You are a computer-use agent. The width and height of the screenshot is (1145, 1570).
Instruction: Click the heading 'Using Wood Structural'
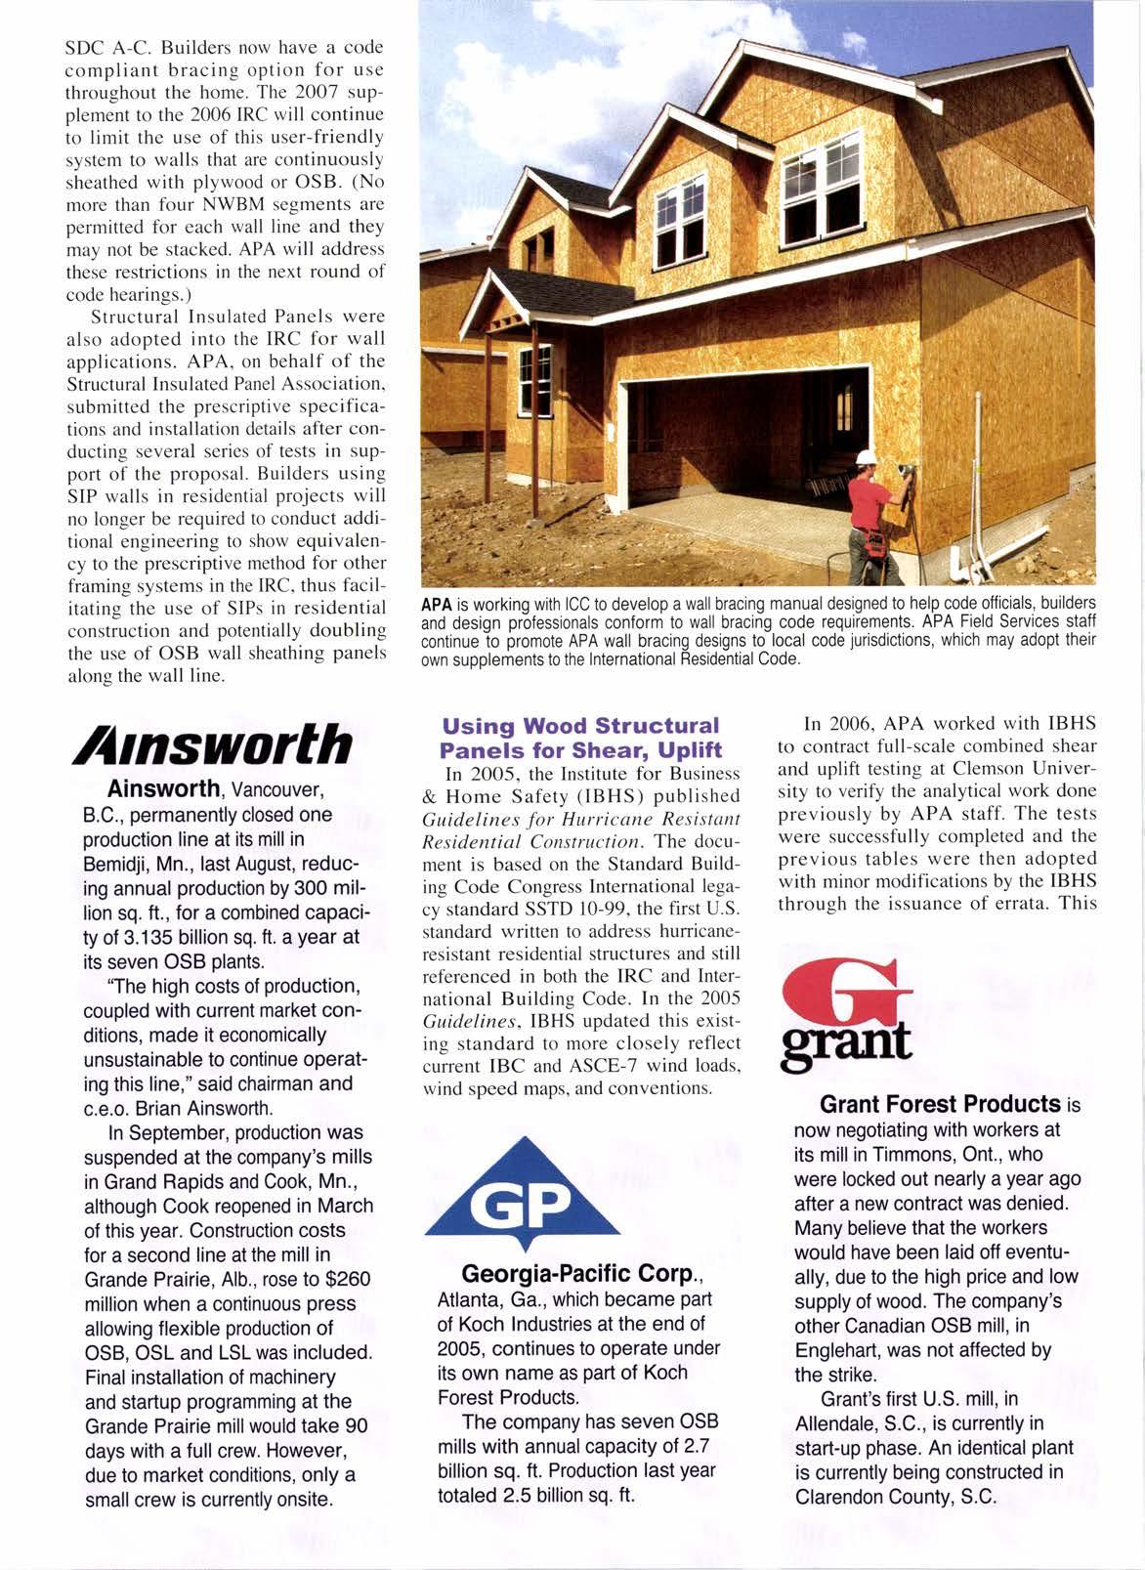tap(580, 727)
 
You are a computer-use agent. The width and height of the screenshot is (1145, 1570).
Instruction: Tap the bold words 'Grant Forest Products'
tap(940, 1105)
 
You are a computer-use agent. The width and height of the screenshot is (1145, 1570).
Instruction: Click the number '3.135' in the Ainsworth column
tap(168, 938)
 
